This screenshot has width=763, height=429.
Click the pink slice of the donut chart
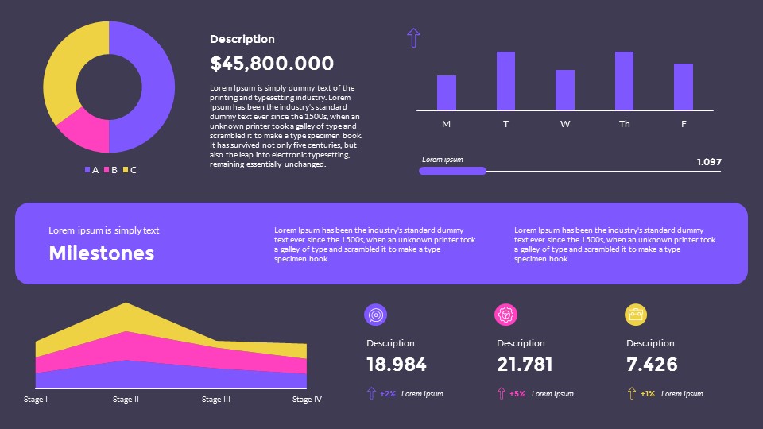[x=83, y=132]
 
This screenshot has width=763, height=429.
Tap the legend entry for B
[x=110, y=170]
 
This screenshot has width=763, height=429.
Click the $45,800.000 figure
[x=272, y=64]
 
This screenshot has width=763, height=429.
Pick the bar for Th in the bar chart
[x=624, y=81]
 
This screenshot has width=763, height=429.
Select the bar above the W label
[x=564, y=90]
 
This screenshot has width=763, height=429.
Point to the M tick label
[x=446, y=124]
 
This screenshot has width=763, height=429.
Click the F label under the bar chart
[x=684, y=124]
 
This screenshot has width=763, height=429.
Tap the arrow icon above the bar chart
[x=413, y=37]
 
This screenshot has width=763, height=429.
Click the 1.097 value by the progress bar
[x=709, y=162]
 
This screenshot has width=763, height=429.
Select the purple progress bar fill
[x=452, y=171]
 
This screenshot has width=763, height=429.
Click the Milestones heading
[x=102, y=253]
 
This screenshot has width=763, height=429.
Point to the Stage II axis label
[x=126, y=400]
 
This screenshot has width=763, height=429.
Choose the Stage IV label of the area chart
[x=307, y=400]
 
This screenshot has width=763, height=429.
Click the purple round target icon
[x=375, y=315]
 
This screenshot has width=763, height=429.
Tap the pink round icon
[x=505, y=315]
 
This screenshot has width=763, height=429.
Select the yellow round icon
[x=636, y=315]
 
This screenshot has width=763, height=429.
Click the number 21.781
[x=525, y=365]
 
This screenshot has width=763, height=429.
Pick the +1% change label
[x=647, y=394]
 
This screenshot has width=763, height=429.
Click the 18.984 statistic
[x=396, y=365]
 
